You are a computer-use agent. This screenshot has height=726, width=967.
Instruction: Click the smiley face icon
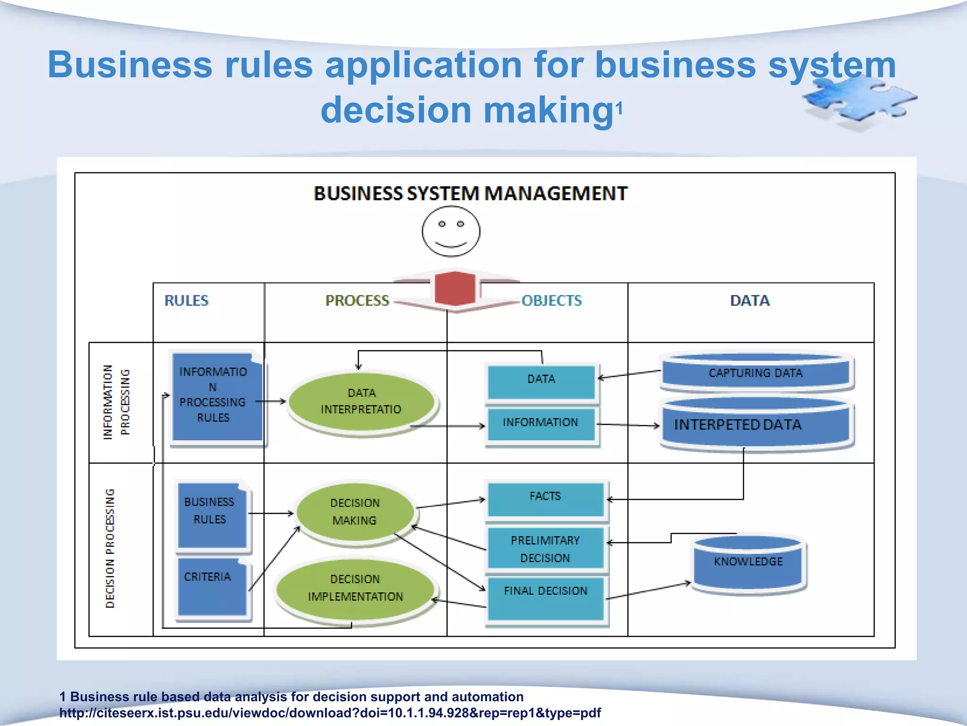click(451, 232)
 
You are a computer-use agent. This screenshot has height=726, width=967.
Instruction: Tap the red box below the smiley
click(454, 288)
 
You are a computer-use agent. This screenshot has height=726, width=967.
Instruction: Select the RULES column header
click(187, 301)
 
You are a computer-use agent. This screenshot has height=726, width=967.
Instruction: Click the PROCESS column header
click(357, 301)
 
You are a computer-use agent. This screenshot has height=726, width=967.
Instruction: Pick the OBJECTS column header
click(551, 301)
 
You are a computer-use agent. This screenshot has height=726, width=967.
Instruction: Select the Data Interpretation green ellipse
click(361, 402)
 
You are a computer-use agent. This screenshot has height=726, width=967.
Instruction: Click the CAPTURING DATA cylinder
click(755, 372)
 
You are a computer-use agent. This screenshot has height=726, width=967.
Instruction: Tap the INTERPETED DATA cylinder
click(755, 424)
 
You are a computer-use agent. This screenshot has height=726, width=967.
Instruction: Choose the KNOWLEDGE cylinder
click(748, 562)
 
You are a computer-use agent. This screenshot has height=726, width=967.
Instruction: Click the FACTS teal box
click(545, 499)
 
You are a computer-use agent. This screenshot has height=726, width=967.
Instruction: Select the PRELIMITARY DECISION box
click(545, 548)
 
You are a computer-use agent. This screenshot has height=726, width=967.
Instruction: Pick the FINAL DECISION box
click(545, 598)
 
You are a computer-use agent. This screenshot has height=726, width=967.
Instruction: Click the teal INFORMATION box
click(541, 423)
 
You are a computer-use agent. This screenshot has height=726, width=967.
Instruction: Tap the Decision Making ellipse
click(355, 511)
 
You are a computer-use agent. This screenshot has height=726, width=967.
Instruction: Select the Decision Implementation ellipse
click(355, 588)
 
